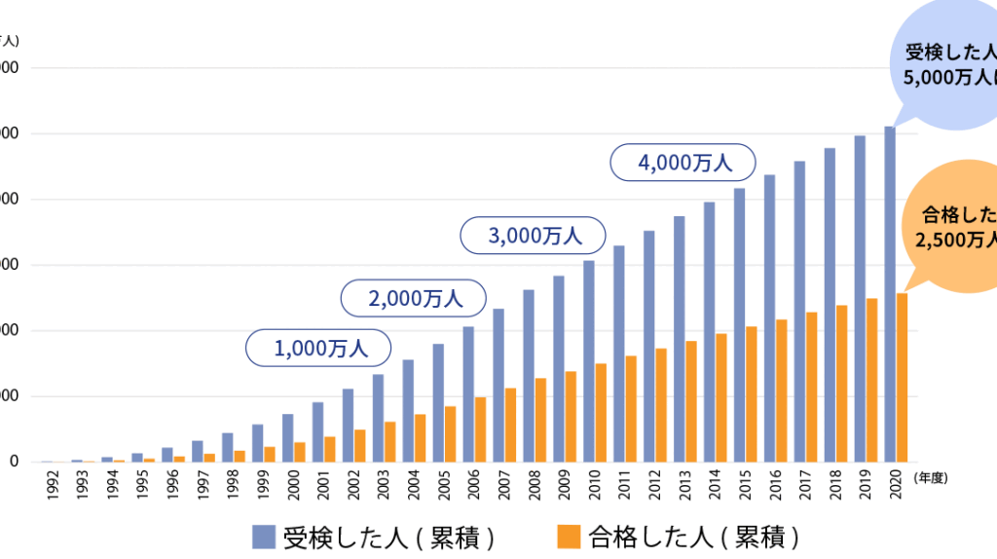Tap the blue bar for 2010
589,360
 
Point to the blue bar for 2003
378,418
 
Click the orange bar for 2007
510,425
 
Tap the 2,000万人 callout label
415,298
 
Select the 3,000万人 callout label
534,235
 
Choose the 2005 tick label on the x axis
439,484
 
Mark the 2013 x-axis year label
680,484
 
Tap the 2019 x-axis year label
861,484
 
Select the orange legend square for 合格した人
570,536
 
